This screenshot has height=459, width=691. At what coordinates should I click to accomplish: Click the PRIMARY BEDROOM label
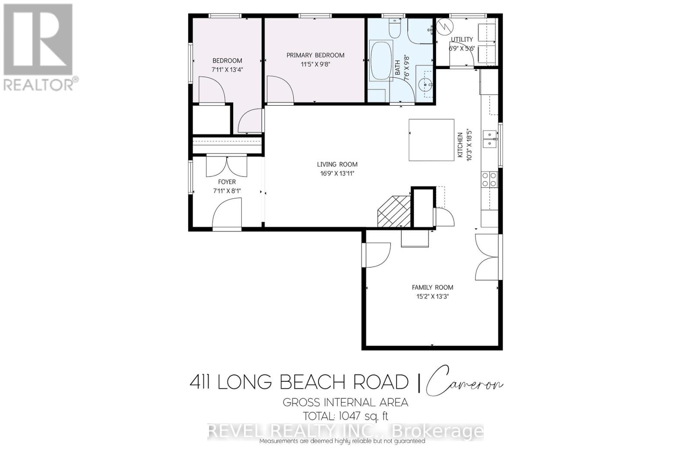tap(315, 55)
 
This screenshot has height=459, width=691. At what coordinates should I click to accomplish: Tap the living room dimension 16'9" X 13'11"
tap(337, 173)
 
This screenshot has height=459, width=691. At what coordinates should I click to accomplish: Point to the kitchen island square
tap(431, 140)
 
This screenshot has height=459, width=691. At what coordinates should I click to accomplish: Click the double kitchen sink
tap(490, 138)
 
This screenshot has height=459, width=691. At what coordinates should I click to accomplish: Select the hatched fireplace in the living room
tap(394, 211)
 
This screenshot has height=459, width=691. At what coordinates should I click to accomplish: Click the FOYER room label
tap(227, 182)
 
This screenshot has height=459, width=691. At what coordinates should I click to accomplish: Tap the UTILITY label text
tap(462, 39)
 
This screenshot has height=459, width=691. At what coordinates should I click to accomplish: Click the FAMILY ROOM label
tap(432, 287)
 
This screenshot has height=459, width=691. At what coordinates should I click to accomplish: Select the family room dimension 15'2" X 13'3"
tap(432, 296)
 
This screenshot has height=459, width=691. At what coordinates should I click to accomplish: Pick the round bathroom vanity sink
tap(427, 85)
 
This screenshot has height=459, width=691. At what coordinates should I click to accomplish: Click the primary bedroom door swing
tap(280, 90)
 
